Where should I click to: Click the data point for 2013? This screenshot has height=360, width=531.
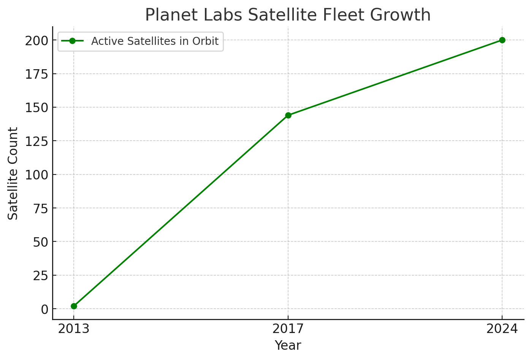click(x=74, y=306)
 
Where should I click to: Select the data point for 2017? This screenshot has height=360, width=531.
click(x=288, y=115)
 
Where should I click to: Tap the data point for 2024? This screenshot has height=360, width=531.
click(x=502, y=40)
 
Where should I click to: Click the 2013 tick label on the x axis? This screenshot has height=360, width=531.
click(x=74, y=329)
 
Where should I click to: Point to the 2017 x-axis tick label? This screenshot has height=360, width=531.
click(x=288, y=329)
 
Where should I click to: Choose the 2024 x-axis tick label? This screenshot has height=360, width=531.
click(x=502, y=329)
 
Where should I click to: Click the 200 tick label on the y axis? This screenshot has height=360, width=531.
click(x=36, y=41)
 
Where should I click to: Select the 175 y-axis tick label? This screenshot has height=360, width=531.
click(x=36, y=74)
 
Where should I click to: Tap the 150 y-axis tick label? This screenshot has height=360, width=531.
click(x=36, y=108)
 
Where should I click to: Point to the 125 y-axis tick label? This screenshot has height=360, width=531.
click(x=36, y=141)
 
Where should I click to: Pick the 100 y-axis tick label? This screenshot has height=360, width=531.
click(x=36, y=175)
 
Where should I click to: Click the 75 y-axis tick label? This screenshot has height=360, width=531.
click(x=40, y=208)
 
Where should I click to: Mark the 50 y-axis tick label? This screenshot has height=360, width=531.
click(x=40, y=242)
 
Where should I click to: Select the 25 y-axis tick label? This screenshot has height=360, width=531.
click(x=40, y=276)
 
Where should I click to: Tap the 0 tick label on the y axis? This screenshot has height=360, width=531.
click(x=44, y=309)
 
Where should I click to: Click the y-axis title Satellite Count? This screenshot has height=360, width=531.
click(x=13, y=173)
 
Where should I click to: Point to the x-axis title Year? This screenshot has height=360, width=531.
click(x=288, y=346)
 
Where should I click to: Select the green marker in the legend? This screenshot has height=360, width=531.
click(x=72, y=41)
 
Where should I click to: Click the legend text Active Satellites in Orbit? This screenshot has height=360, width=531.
click(x=155, y=41)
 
